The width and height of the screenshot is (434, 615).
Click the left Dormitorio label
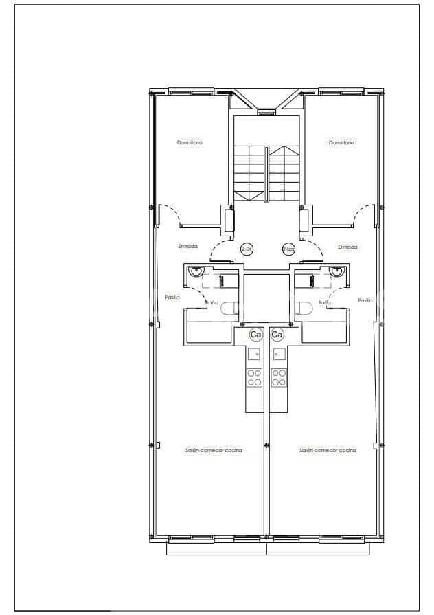pos(190,143)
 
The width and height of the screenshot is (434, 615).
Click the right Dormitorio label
pos(341,143)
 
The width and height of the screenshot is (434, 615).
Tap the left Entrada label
pos(187,247)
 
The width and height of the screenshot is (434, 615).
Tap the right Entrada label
pos(347,247)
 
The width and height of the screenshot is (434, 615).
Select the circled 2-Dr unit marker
pos(245,249)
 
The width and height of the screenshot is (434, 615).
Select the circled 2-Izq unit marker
pos(288,249)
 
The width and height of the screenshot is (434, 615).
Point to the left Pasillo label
pos(172,298)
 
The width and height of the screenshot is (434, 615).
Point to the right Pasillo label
pos(365,300)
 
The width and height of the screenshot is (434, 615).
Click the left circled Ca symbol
pos(255,335)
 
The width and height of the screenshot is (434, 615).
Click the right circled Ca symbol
pos(277,335)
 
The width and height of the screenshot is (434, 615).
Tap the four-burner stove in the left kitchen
pos(254,377)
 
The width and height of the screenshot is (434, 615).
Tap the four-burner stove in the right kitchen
pos(279,377)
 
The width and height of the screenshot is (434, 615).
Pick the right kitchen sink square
pos(279,355)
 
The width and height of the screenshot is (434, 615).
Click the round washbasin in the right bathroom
pos(336,271)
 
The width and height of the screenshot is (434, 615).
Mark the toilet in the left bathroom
pos(231,309)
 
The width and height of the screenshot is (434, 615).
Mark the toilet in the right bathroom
pos(303,309)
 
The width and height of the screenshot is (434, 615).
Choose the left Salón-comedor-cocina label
pos(214,450)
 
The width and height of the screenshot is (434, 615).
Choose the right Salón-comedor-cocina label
pos(328,450)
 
